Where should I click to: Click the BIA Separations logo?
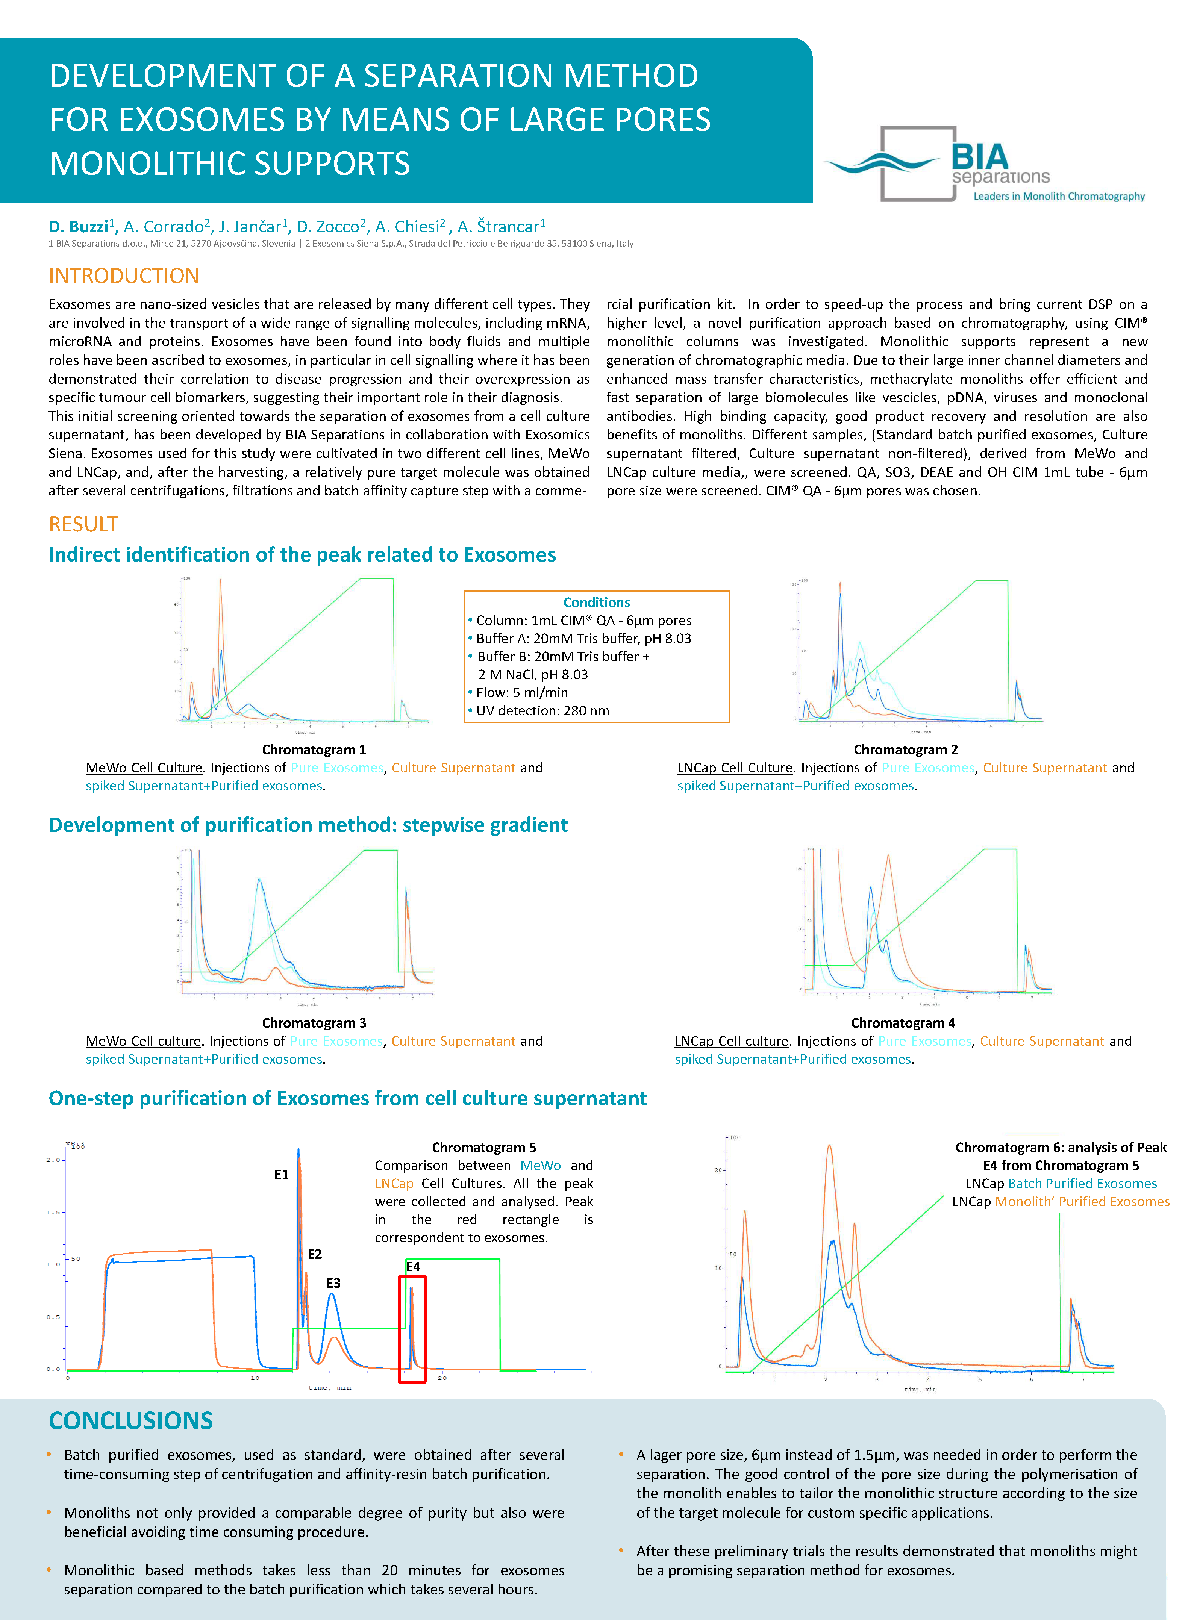pyautogui.click(x=983, y=165)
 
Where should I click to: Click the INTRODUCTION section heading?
pyautogui.click(x=124, y=276)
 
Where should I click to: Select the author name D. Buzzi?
pyautogui.click(x=78, y=227)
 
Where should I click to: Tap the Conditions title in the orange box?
pyautogui.click(x=596, y=602)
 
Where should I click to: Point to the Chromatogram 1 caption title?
pyautogui.click(x=314, y=749)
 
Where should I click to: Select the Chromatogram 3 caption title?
pyautogui.click(x=314, y=1022)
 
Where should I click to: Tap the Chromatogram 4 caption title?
pyautogui.click(x=903, y=1022)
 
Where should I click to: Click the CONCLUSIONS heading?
pyautogui.click(x=131, y=1420)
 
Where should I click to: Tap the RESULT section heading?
pyautogui.click(x=83, y=525)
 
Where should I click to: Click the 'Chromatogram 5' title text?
pyautogui.click(x=483, y=1148)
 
